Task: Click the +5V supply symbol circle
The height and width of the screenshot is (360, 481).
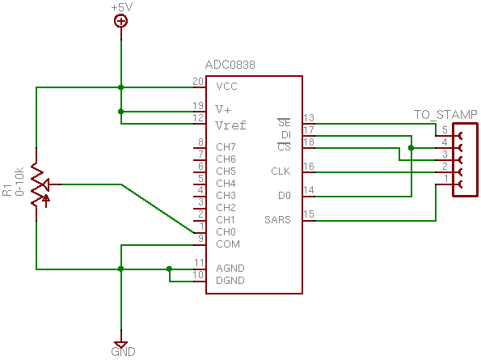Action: [121, 21]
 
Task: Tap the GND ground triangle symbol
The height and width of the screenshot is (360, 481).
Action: [121, 345]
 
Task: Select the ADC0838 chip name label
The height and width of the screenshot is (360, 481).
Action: [230, 65]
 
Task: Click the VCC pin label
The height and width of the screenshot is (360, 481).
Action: [226, 87]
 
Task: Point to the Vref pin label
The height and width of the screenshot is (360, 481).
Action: [230, 125]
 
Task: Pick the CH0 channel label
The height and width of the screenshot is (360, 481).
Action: [226, 231]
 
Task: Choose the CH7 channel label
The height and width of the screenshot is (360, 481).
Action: [226, 147]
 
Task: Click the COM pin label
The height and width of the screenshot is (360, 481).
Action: [228, 244]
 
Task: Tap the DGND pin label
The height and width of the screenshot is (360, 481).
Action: [230, 281]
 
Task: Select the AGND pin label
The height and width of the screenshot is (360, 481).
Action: [230, 269]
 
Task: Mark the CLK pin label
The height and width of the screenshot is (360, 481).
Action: [281, 172]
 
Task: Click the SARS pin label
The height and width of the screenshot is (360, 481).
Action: [277, 220]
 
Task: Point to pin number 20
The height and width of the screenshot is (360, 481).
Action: [198, 82]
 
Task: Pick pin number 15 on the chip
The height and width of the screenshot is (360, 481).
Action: [309, 214]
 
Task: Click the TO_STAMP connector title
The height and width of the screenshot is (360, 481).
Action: [445, 115]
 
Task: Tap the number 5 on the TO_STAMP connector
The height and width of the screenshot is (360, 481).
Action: [445, 129]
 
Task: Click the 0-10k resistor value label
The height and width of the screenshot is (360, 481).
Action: [19, 182]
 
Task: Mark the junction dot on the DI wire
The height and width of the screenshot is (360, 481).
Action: [411, 148]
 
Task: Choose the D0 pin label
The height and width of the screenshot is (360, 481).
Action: [285, 196]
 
